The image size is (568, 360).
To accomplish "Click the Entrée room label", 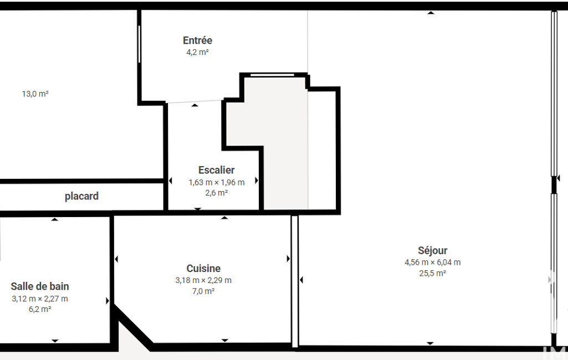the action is pos(197,40).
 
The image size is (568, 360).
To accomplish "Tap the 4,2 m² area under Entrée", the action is pos(197,52).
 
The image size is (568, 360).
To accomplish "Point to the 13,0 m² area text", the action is pos(35,94).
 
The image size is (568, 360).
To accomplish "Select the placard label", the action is pos(81,196).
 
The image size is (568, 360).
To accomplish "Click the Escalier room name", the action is pos(216,170).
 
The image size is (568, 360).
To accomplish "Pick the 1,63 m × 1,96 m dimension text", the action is pos(216,183).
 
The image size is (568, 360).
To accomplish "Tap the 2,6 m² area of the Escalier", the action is pos(216,193).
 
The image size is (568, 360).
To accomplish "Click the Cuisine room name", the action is pos(203,269).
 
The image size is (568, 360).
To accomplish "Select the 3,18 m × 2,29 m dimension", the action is pos(203,280).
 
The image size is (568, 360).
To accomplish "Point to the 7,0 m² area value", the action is pos(203,291).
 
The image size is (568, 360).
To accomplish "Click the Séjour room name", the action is pos(433,251).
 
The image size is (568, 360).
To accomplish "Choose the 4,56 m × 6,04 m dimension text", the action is pos(433,262).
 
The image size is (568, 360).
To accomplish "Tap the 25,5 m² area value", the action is pos(433,274).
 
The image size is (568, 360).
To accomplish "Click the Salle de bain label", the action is pos(40,286).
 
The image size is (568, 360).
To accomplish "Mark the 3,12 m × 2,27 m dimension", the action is pos(40,299).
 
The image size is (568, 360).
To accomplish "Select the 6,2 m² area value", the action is pos(40,309).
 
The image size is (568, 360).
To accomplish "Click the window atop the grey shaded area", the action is pos(273,75).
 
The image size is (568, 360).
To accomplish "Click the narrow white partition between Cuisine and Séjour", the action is pos(295,281).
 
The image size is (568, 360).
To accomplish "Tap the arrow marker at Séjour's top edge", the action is pos(431,13).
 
